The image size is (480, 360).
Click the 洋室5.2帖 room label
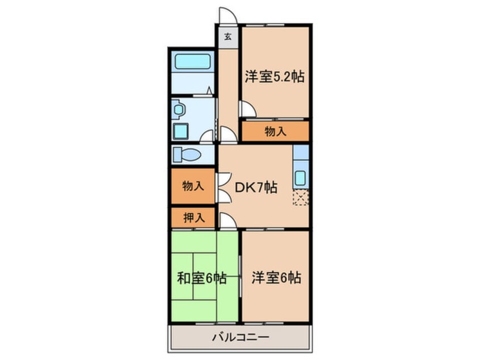(275, 77)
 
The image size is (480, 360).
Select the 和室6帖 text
(202, 278)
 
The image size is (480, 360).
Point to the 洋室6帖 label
(276, 278)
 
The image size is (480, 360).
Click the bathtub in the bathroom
(192, 62)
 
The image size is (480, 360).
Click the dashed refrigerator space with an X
(301, 198)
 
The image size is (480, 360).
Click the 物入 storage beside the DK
(191, 186)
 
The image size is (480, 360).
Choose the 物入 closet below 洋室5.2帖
(275, 132)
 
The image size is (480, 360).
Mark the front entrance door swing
(226, 16)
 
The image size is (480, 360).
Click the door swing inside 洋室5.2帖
(247, 109)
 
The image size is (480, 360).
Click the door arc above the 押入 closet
(225, 220)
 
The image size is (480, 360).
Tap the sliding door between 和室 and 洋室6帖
(239, 275)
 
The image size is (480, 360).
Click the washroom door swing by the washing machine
(208, 136)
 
